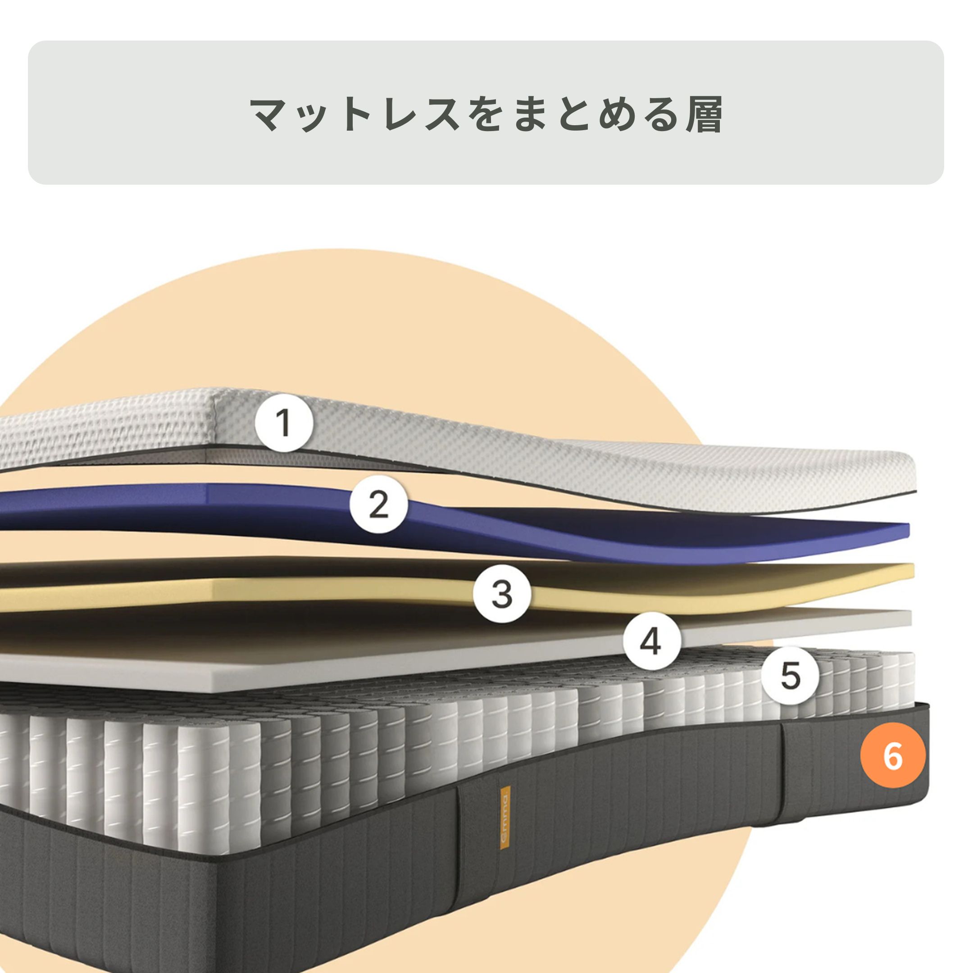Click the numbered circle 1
tap(285, 423)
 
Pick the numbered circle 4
tap(652, 641)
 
